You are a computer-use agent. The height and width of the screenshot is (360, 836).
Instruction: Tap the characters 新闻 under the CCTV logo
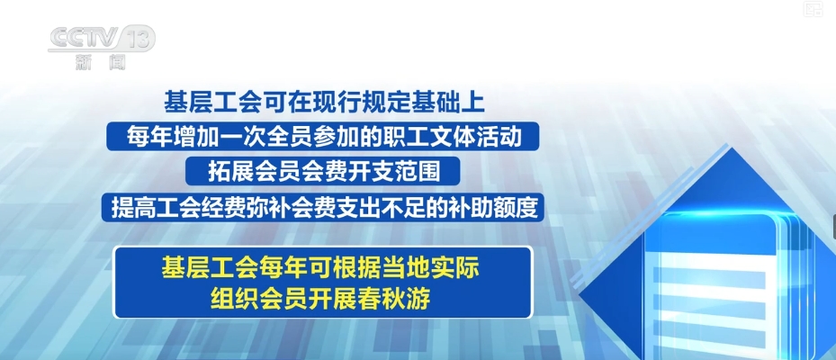pos(100,62)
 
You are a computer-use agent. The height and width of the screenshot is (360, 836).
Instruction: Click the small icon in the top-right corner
pos(814,8)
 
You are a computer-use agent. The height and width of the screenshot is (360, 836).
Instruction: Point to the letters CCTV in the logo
pos(84,38)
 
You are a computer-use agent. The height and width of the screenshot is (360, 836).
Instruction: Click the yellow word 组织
pos(229,300)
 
